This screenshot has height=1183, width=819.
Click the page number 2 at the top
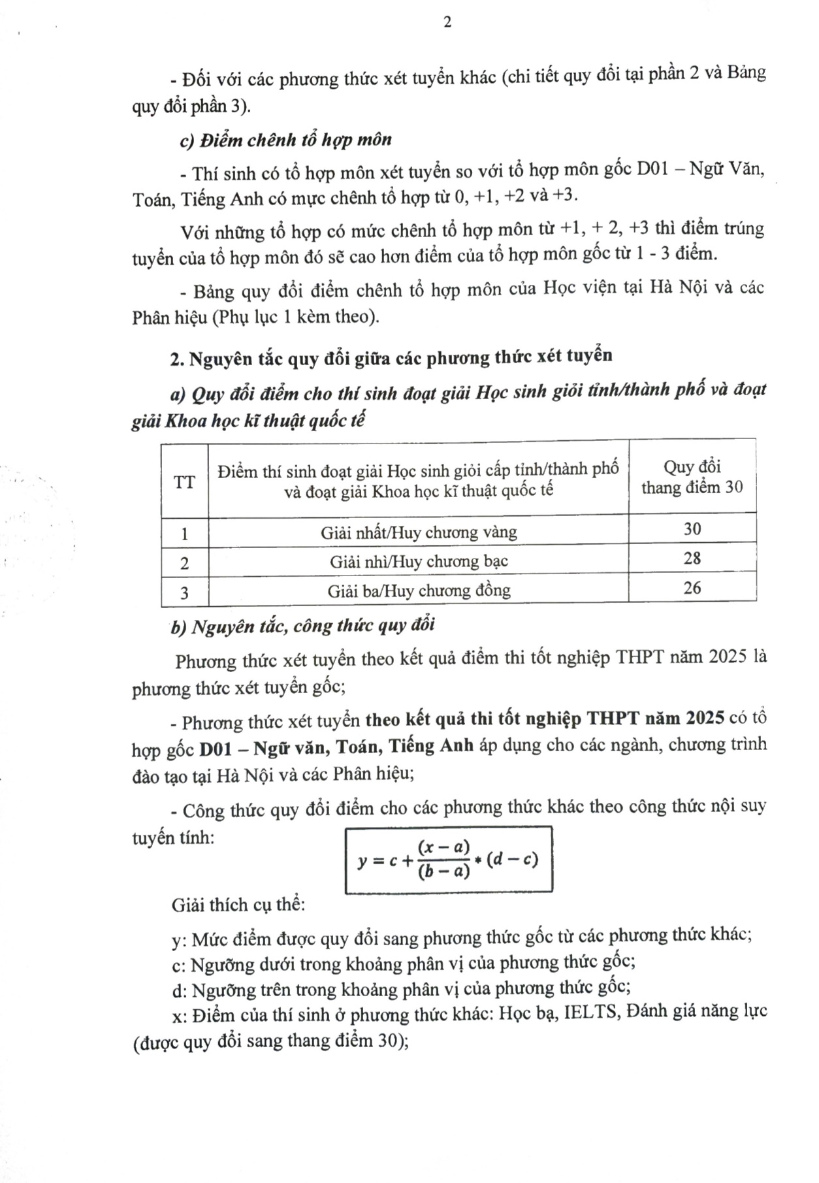click(447, 22)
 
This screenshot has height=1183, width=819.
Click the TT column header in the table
click(184, 483)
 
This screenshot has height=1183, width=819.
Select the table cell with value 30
click(692, 529)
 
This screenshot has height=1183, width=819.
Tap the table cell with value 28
click(692, 559)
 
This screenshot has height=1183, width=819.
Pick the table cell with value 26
click(692, 588)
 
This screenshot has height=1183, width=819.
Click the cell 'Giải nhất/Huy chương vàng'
click(419, 532)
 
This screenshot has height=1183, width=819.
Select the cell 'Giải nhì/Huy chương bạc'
click(419, 562)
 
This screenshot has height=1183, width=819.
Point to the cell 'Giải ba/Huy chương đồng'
click(419, 591)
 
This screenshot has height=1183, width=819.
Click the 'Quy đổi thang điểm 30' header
click(692, 477)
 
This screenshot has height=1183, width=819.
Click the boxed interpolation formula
click(448, 860)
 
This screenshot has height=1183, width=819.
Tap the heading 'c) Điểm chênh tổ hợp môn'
click(286, 140)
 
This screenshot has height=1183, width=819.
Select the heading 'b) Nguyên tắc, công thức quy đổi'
click(303, 626)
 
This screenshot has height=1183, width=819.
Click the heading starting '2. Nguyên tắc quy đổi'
click(391, 357)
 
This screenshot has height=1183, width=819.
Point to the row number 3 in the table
click(184, 592)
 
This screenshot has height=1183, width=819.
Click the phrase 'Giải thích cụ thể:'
click(238, 905)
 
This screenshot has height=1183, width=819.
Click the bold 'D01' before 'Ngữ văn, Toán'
click(216, 747)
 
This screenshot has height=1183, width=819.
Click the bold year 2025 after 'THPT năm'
click(705, 718)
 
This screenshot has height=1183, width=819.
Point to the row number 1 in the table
click(184, 534)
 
